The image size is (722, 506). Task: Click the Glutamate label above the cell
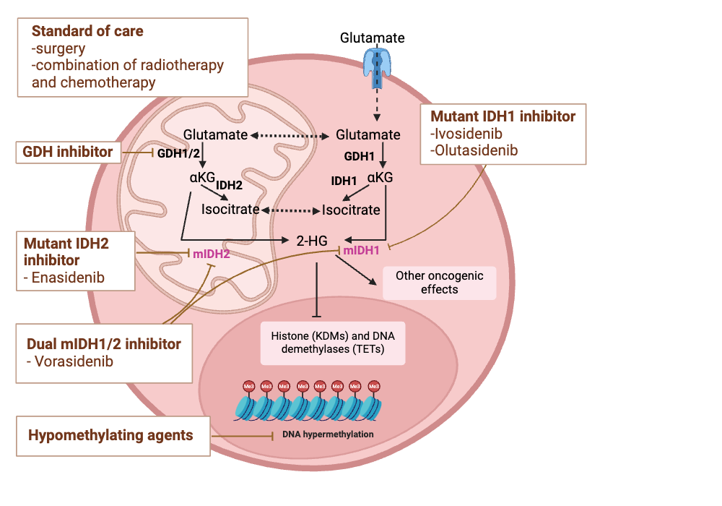(372, 38)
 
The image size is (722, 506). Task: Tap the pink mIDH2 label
(212, 254)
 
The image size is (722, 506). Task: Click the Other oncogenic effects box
(439, 283)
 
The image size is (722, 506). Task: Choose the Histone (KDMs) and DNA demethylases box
(332, 343)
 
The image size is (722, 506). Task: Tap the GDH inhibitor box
(67, 152)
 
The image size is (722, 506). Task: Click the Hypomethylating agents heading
(110, 435)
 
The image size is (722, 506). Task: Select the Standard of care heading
(87, 31)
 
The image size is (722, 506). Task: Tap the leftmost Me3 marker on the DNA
(248, 387)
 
